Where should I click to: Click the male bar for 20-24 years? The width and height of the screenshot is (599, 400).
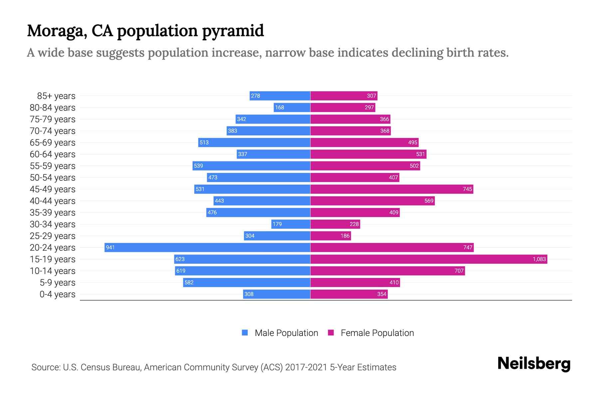pyautogui.click(x=207, y=247)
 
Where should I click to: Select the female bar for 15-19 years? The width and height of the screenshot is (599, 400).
pyautogui.click(x=429, y=259)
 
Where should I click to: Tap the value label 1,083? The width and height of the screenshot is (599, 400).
pyautogui.click(x=539, y=259)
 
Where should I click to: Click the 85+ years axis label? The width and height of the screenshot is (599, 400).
pyautogui.click(x=56, y=96)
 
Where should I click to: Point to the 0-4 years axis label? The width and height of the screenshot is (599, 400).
pyautogui.click(x=57, y=294)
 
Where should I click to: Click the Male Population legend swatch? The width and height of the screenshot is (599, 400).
pyautogui.click(x=245, y=333)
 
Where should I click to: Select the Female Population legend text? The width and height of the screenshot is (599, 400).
pyautogui.click(x=377, y=333)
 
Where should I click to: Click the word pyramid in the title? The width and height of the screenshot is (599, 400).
pyautogui.click(x=233, y=31)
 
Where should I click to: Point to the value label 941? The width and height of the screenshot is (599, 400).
pyautogui.click(x=110, y=247)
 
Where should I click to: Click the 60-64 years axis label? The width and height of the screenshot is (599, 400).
pyautogui.click(x=53, y=154)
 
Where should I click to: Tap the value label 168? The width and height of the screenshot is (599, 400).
pyautogui.click(x=280, y=107)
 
